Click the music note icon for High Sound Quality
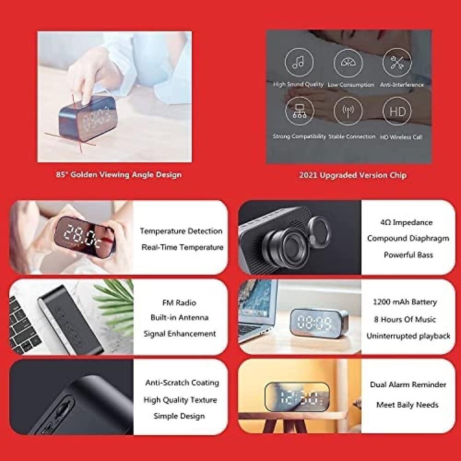coord(299,62)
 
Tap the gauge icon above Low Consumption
coord(348,63)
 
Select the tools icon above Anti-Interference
coord(397,62)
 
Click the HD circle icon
coord(397,111)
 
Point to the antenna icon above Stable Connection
coord(348,111)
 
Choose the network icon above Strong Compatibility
coord(300,111)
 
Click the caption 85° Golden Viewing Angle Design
coord(119,175)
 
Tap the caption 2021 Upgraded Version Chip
coord(353,175)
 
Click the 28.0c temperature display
coord(83,236)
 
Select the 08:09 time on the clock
coord(315,322)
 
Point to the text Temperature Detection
coord(181,231)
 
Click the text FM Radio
coord(179,303)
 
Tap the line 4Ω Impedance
coord(406,222)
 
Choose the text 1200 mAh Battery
coord(405,302)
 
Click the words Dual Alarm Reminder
coord(408,385)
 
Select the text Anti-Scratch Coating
coord(182,383)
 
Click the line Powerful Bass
coord(408,255)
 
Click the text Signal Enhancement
coord(180,333)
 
